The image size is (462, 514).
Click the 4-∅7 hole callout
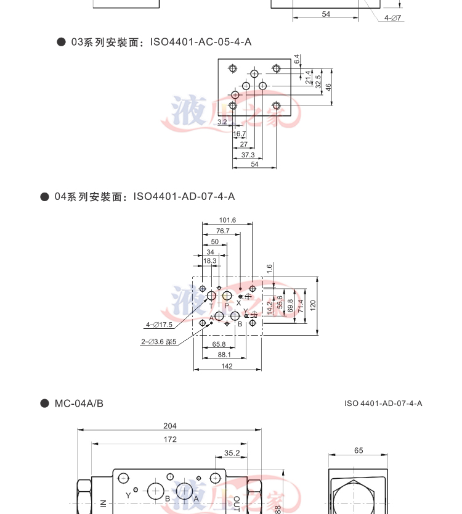[x=393, y=18]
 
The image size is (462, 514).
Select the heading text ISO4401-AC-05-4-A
[x=201, y=42]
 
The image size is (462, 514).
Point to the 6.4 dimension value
[x=296, y=60]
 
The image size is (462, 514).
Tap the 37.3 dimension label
[x=248, y=155]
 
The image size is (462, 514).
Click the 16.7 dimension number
[x=240, y=133]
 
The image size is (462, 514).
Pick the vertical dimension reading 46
[x=328, y=87]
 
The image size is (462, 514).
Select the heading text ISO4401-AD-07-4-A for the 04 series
[x=184, y=196]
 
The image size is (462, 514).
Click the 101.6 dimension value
[x=227, y=220]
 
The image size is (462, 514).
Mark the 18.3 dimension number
[x=210, y=261]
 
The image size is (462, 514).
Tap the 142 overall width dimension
[x=227, y=367]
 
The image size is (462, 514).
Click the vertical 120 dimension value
[x=312, y=305]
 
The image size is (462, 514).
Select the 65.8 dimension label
[x=219, y=344]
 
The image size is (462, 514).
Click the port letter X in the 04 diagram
[x=238, y=303]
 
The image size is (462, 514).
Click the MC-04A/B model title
[x=79, y=404]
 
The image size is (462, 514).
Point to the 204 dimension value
[x=170, y=426]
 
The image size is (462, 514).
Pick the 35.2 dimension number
[x=232, y=453]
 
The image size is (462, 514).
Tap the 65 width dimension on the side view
[x=359, y=450]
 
